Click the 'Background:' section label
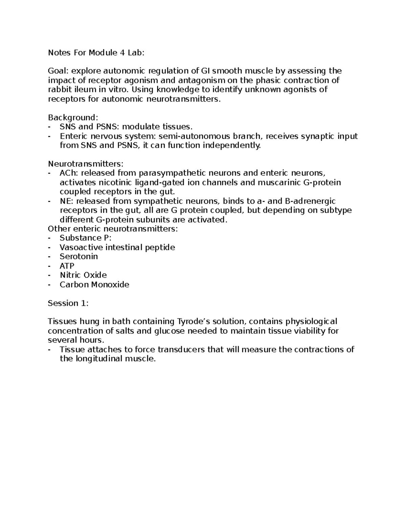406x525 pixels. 73,118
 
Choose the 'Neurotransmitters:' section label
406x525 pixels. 86,164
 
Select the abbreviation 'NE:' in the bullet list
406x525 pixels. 67,201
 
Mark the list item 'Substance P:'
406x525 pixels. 85,238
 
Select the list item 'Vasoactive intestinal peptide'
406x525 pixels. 117,247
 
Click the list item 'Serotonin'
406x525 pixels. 78,257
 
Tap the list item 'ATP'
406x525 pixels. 67,266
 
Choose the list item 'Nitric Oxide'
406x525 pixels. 83,275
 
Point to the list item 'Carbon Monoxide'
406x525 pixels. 94,285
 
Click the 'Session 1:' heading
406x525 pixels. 68,303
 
